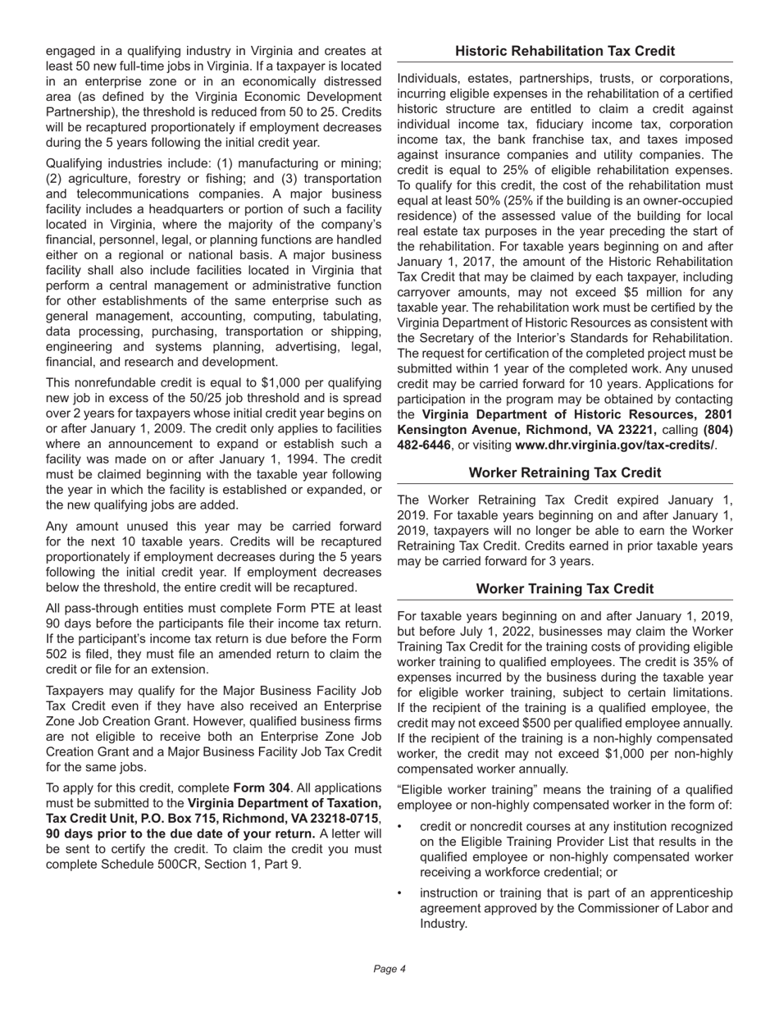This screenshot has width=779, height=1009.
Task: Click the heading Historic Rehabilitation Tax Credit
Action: (x=565, y=51)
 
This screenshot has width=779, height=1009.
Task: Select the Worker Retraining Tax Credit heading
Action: (x=565, y=473)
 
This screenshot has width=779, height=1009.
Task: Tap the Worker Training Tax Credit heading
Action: (x=565, y=589)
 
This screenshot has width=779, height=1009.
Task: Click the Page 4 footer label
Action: (x=389, y=969)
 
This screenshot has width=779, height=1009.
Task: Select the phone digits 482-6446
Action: (x=424, y=445)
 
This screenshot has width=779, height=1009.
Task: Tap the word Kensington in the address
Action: (x=433, y=429)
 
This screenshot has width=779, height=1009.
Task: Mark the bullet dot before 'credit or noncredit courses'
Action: (x=401, y=826)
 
